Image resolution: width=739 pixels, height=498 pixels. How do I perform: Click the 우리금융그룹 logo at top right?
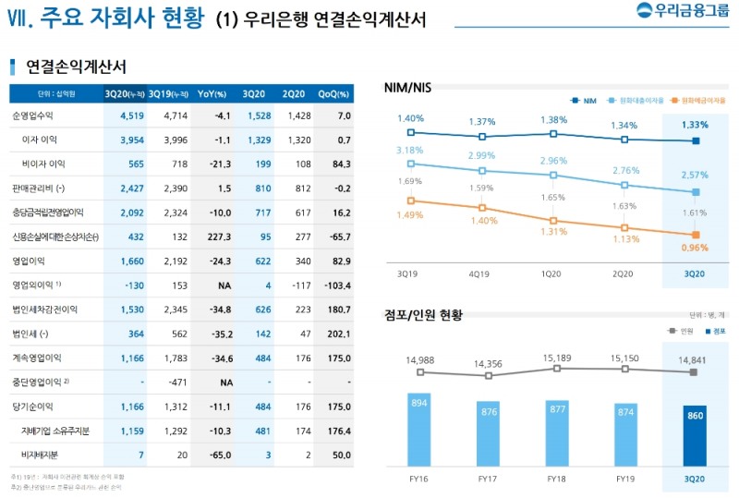(x=682, y=12)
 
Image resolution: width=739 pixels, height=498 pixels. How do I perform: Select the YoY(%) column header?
(x=213, y=93)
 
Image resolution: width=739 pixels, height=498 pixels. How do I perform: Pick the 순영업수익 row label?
(x=32, y=115)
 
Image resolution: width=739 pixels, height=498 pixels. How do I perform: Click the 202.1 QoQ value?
(x=337, y=334)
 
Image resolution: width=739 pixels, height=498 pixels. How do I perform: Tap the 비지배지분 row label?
(x=41, y=455)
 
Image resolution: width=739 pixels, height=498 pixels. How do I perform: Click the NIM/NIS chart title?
(x=409, y=87)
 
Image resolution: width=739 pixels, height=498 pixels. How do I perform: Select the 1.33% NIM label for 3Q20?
(x=695, y=125)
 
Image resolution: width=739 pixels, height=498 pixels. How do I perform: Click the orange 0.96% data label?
(x=694, y=248)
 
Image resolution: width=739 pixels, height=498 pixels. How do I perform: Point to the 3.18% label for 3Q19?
(x=410, y=150)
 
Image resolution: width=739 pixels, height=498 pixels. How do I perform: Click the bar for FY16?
(x=420, y=430)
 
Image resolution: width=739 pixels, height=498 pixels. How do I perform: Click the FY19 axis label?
(x=626, y=479)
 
